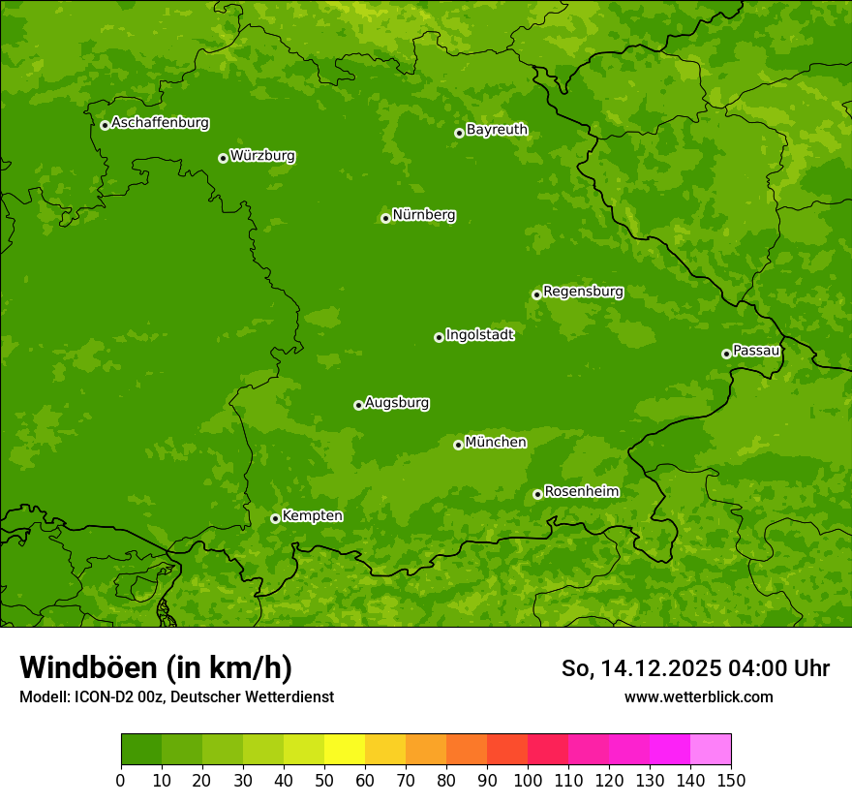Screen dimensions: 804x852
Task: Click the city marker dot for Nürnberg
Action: point(385,218)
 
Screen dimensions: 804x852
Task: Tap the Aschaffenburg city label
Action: point(160,123)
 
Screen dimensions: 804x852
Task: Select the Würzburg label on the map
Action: point(262,156)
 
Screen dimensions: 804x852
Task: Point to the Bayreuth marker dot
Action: point(459,133)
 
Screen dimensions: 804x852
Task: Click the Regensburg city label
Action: point(583,292)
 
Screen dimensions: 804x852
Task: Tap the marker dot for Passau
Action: point(726,354)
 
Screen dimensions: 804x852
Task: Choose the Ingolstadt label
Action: point(479,335)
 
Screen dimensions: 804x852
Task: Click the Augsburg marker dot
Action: point(358,405)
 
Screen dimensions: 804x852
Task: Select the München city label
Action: point(496,443)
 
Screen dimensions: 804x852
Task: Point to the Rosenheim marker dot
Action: point(537,495)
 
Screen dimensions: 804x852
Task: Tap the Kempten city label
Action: point(312,516)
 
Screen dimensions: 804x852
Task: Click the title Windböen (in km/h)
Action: point(156,667)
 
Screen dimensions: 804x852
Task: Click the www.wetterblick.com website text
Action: point(698,696)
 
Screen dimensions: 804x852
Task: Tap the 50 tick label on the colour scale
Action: point(324,780)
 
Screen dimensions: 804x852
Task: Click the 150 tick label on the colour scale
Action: point(731,780)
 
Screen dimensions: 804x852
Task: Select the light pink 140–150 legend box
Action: point(711,750)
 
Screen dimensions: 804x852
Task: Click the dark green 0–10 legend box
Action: point(141,750)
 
